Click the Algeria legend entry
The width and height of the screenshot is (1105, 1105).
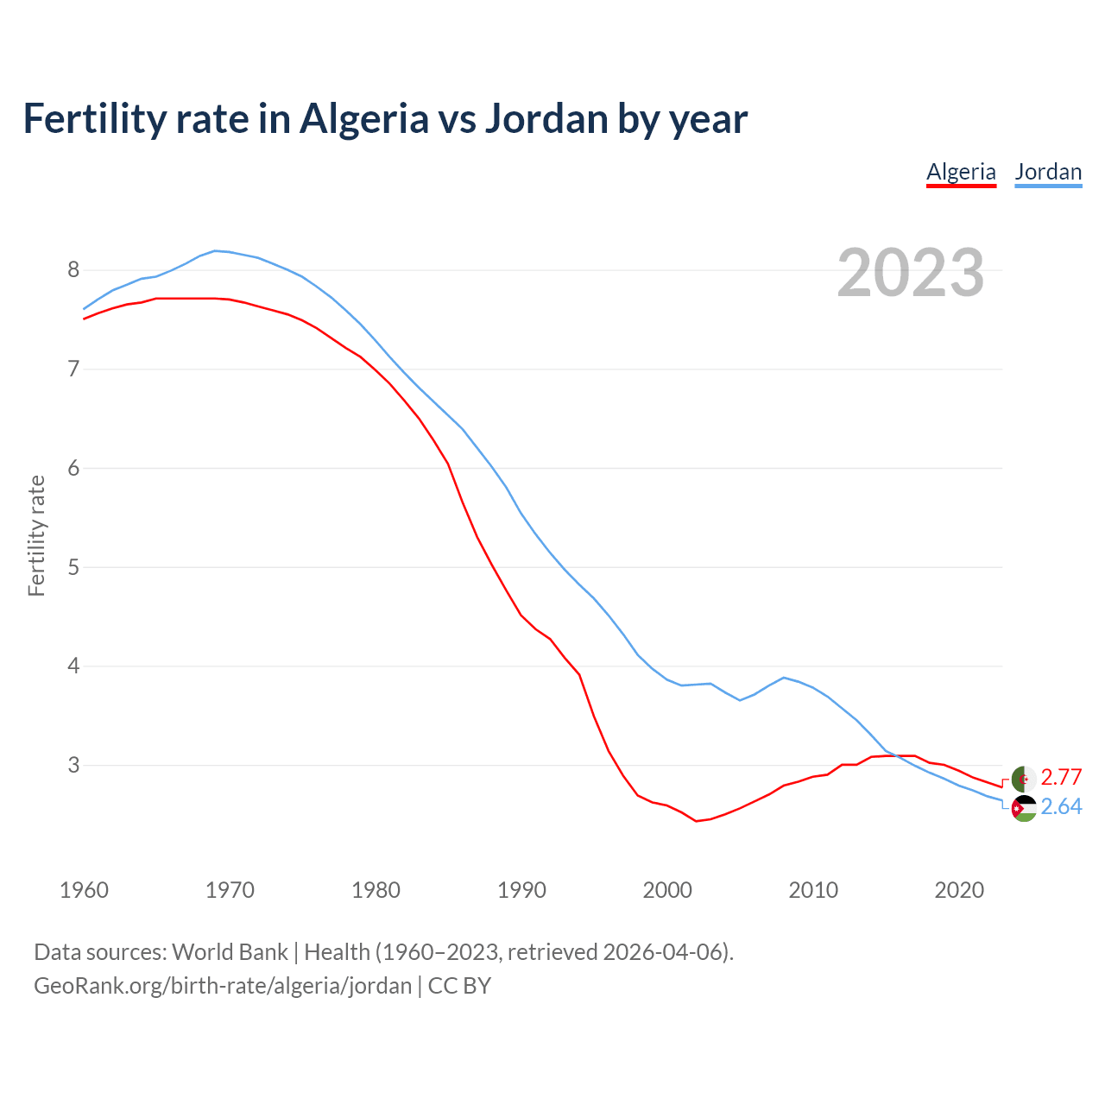click(961, 172)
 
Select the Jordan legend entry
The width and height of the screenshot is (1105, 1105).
click(1048, 172)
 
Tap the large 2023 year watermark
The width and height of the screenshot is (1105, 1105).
click(911, 273)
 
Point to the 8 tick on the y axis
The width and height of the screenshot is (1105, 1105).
click(73, 270)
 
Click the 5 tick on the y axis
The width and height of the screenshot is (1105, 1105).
click(73, 567)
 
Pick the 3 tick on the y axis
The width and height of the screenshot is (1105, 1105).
click(73, 766)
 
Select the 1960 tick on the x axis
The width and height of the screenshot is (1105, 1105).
click(84, 890)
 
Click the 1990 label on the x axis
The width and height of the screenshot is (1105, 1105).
click(521, 890)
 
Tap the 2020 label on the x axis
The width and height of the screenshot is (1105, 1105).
click(959, 890)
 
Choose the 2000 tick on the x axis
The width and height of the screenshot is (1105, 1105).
click(667, 890)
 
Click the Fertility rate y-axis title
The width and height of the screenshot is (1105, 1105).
click(36, 535)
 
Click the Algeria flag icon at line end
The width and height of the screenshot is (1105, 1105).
click(1024, 778)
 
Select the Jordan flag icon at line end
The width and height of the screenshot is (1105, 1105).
click(1024, 809)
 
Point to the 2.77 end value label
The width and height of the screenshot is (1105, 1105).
click(1061, 778)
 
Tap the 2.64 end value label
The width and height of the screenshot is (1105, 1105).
click(1061, 807)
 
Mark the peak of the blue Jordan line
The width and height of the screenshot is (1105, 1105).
click(216, 250)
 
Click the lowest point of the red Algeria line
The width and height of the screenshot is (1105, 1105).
click(696, 821)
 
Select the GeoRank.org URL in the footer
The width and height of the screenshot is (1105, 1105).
click(223, 986)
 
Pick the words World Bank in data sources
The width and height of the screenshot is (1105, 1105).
click(230, 952)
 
